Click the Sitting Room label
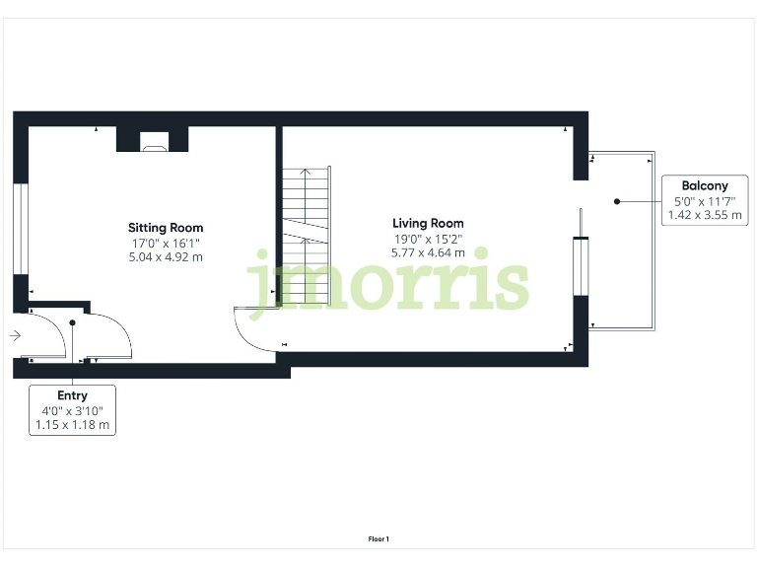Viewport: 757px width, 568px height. point(166,228)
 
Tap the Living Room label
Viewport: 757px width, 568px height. point(428,224)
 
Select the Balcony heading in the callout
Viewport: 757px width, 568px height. point(704,185)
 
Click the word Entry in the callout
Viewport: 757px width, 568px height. point(73,395)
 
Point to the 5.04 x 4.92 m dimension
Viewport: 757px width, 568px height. point(166,257)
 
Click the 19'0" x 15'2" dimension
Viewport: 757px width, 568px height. point(428,239)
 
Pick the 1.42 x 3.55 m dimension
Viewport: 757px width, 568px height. point(704,215)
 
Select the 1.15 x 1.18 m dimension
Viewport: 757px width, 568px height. point(73,425)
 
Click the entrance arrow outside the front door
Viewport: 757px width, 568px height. point(14,336)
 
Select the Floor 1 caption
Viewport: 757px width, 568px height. point(378,539)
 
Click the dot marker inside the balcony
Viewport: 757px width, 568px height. point(617,200)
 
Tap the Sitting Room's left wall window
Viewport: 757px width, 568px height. point(19,229)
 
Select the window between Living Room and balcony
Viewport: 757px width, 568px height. point(582,266)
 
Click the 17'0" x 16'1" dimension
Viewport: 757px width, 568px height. point(166,243)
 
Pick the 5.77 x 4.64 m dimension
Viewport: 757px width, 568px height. point(428,253)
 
